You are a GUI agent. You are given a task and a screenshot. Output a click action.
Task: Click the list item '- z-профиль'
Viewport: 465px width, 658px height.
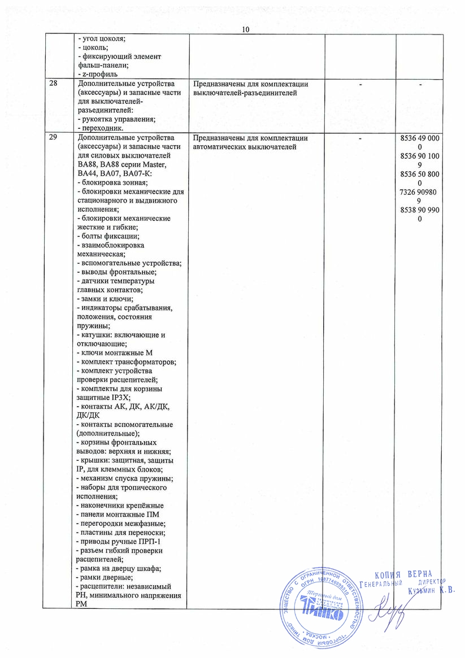[97, 74]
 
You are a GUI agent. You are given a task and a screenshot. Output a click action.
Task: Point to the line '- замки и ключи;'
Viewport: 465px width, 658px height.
[105, 298]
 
